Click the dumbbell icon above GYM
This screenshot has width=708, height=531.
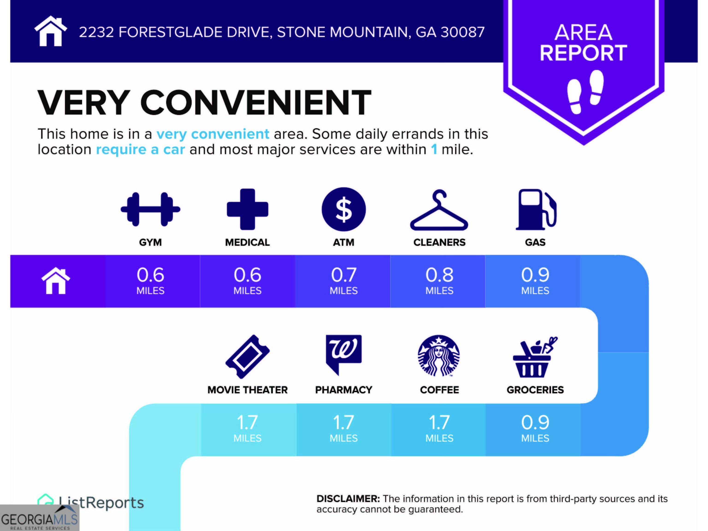[x=150, y=209]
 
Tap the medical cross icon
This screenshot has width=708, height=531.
[x=248, y=209]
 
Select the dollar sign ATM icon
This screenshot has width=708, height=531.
[x=344, y=209]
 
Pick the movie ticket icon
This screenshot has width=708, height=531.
[x=248, y=357]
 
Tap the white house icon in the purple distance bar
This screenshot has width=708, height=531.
[x=56, y=280]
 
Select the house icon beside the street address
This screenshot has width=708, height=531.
[x=50, y=31]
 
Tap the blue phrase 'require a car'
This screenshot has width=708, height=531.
[x=141, y=150]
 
